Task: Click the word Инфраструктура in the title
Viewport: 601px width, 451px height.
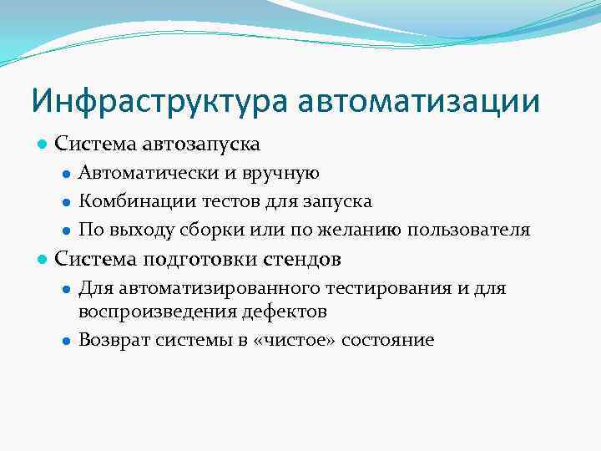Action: pyautogui.click(x=159, y=101)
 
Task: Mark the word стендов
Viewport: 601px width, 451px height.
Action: pyautogui.click(x=302, y=259)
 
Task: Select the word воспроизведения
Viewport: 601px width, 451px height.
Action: pyautogui.click(x=147, y=312)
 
